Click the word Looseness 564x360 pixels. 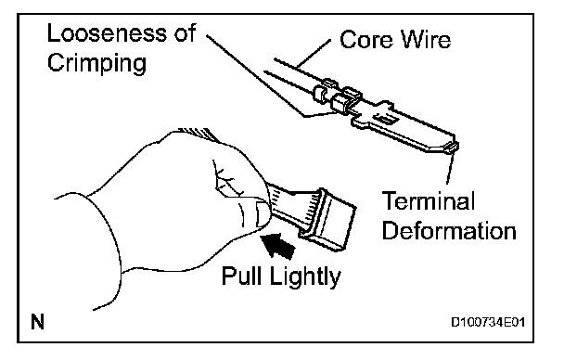(108, 33)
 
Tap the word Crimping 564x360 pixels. (96, 63)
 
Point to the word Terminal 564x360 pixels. (428, 200)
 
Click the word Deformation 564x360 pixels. (449, 230)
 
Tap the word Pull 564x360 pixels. (241, 276)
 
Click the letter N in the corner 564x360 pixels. (37, 322)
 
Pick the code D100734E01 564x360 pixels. (488, 322)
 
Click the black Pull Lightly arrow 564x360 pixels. (277, 245)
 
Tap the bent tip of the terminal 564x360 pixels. (452, 147)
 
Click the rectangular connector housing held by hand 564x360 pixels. (327, 219)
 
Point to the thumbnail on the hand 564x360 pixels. (262, 214)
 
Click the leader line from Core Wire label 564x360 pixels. (314, 53)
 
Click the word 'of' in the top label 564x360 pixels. (185, 33)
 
